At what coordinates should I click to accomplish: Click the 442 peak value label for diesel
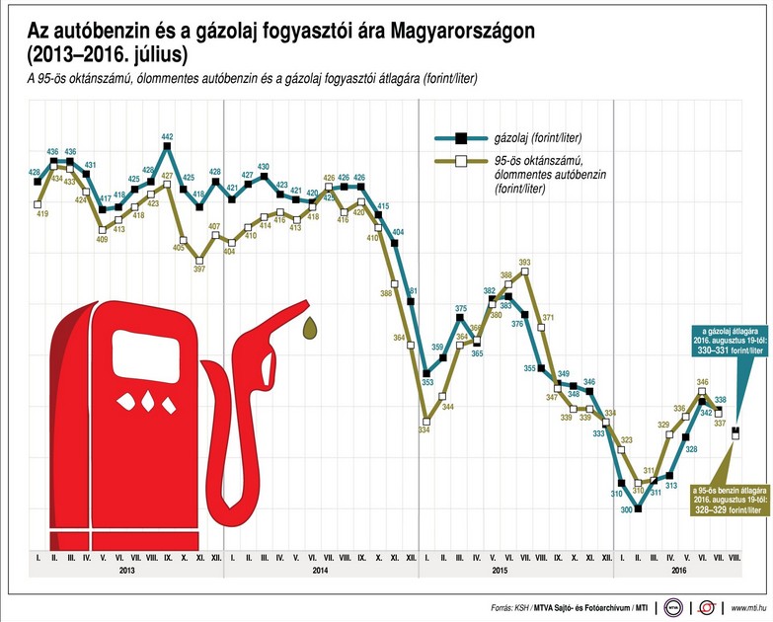coord(167,137)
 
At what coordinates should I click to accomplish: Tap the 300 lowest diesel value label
coord(625,509)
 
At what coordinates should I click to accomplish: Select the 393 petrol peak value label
coord(524,263)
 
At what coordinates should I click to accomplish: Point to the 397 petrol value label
coord(200,269)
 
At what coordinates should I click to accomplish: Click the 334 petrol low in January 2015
coord(425,430)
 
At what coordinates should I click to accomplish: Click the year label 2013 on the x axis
coord(126,571)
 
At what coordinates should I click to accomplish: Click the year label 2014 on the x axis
coord(320,571)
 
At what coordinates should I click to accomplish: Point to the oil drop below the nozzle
coord(311,329)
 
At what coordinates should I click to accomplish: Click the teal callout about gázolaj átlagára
coord(732,338)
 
